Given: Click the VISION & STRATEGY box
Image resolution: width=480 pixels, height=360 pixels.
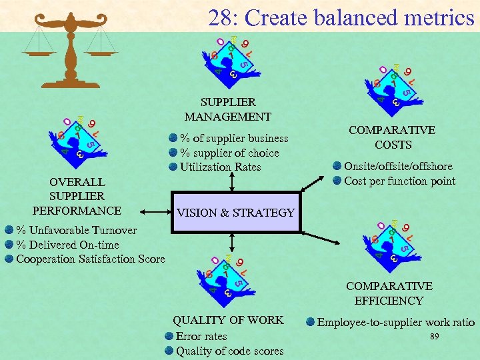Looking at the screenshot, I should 236,213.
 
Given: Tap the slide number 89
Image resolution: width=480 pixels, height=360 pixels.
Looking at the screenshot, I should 435,337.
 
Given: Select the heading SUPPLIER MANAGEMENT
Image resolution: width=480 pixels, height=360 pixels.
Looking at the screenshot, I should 228,109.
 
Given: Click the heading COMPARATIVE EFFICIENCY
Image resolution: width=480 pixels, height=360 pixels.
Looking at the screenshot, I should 389,293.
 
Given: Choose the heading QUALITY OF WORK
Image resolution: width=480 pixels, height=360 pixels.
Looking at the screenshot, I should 228,320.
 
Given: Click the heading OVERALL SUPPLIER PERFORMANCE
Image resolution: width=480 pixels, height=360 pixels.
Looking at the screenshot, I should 77,196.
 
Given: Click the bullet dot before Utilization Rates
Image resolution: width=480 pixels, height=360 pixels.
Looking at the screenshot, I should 173,167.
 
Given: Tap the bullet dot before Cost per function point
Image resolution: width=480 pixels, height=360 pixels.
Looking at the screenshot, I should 337,181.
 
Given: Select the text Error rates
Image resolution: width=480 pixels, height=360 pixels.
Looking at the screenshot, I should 201,337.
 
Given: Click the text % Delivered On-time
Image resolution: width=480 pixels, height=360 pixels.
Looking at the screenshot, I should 67,245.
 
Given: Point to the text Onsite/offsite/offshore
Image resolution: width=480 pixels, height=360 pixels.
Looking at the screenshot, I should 398,166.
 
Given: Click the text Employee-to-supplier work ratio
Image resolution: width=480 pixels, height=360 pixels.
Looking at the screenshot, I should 396,323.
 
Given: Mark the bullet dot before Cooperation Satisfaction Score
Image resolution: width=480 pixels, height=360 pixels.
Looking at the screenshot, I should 9,259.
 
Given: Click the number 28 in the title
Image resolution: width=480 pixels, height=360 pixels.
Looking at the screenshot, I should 220,17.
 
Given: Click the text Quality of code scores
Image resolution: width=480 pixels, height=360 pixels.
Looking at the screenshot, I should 229,351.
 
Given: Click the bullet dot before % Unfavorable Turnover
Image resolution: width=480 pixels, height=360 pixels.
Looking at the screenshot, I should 9,230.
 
